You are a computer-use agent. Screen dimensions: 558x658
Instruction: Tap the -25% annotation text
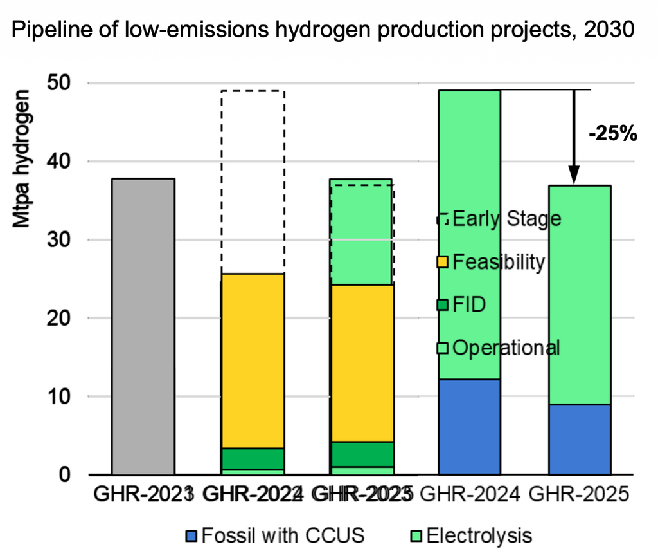point(612,133)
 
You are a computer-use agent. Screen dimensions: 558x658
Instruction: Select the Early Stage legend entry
point(499,219)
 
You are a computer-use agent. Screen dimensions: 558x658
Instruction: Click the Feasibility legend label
point(499,262)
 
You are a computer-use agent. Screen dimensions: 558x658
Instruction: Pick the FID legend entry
point(470,304)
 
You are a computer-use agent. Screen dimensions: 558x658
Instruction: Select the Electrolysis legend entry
point(471,535)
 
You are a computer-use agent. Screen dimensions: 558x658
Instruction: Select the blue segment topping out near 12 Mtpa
point(468,427)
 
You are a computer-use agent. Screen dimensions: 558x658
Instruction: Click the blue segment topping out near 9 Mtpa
point(579,440)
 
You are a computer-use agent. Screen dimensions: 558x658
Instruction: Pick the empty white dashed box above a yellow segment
point(253,181)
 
